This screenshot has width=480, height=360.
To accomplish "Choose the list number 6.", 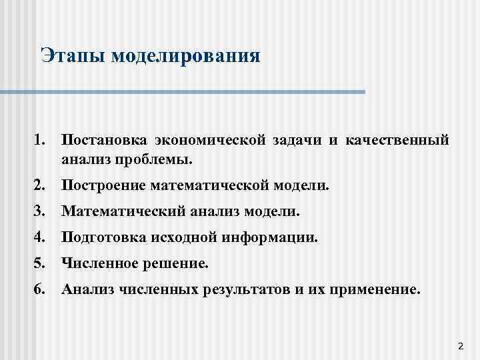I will (x=37, y=290).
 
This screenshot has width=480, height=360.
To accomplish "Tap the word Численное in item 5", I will (x=97, y=264).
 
